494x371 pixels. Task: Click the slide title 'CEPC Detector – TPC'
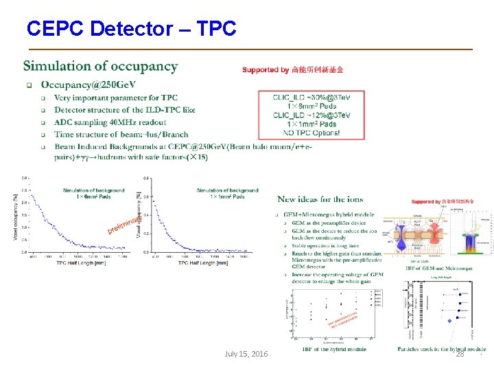pyautogui.click(x=131, y=28)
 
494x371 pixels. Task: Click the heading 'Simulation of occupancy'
pyautogui.click(x=100, y=67)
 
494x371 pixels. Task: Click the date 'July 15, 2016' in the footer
pyautogui.click(x=246, y=353)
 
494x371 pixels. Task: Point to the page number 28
pyautogui.click(x=460, y=353)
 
